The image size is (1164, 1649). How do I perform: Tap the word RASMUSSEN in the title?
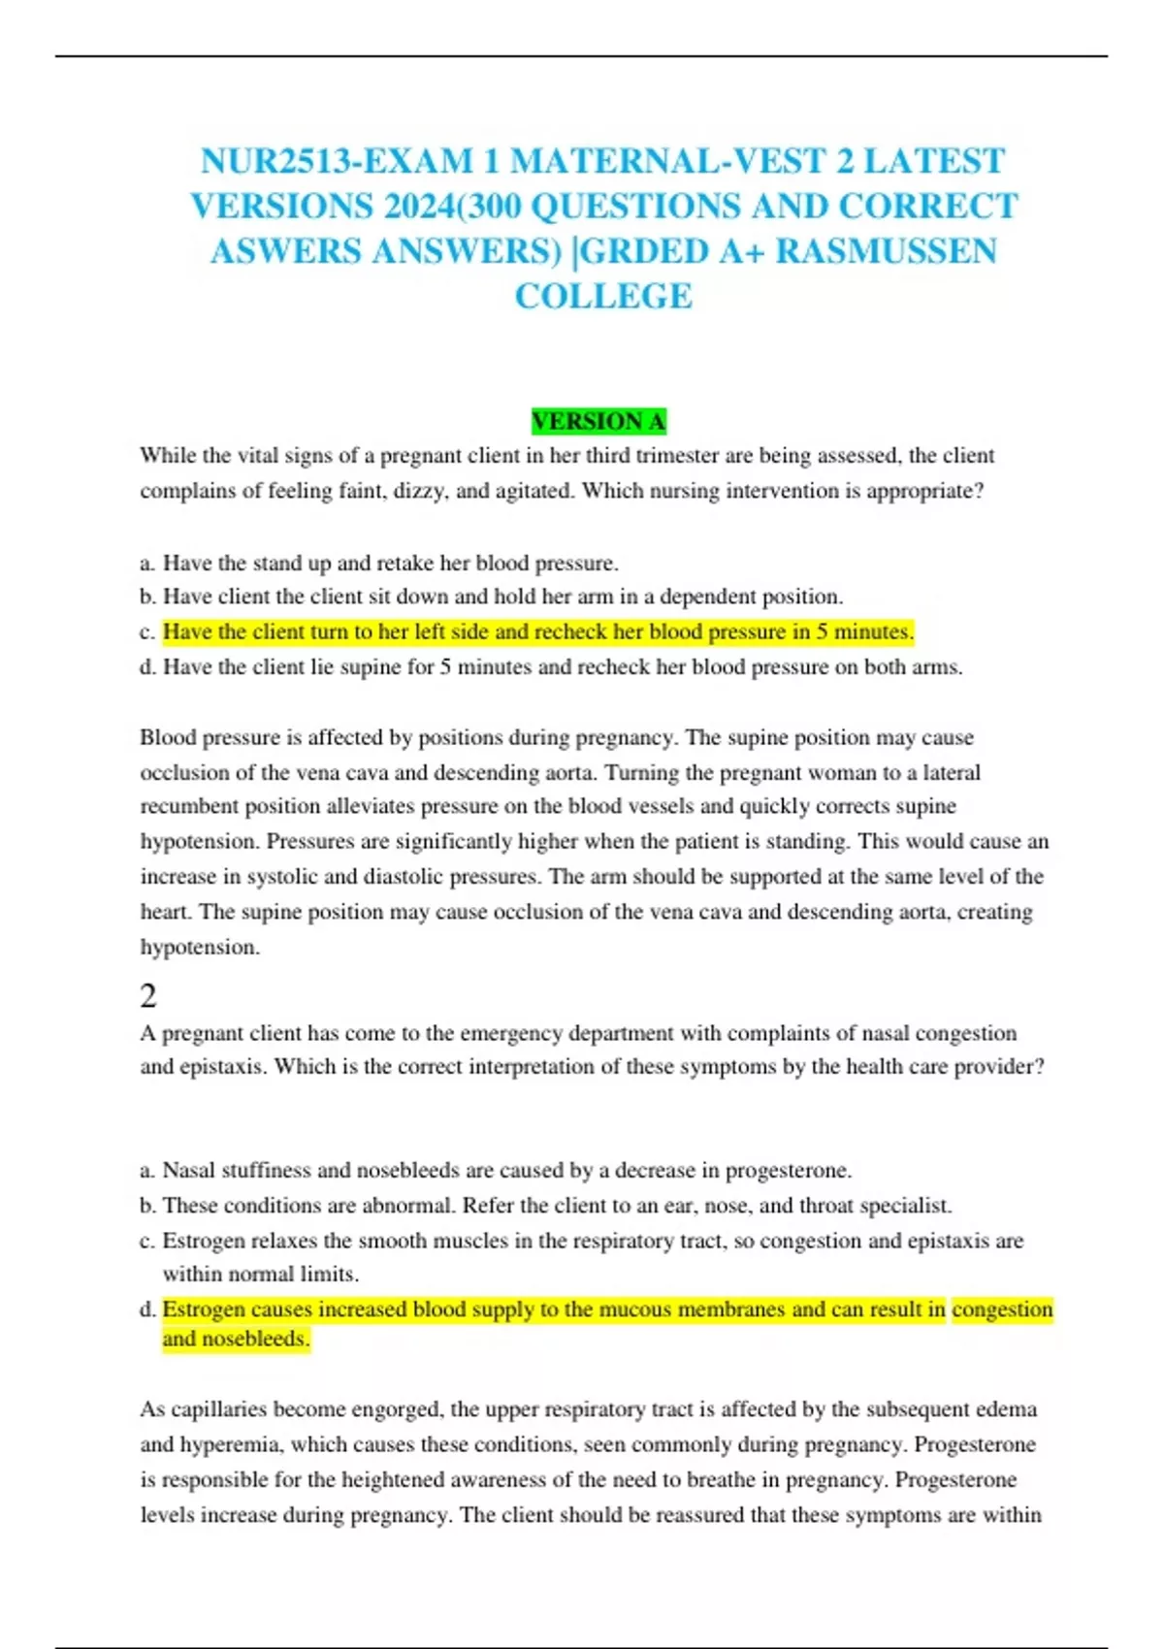click(886, 251)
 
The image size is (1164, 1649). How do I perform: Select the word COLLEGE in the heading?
click(603, 296)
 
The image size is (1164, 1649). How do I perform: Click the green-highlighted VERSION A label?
click(598, 422)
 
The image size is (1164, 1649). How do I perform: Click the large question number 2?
click(148, 996)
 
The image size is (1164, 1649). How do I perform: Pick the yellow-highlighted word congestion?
click(1002, 1309)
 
